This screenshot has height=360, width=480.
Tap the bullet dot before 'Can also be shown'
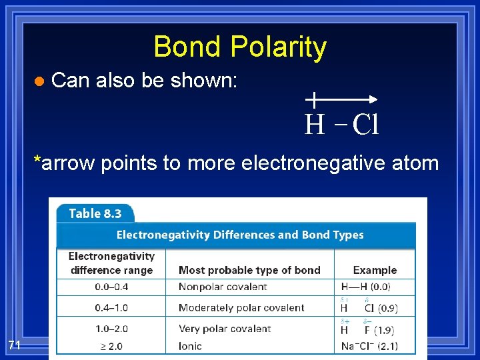pos(39,81)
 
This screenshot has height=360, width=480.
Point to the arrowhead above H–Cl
pos(373,99)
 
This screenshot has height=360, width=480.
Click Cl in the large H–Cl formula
pos(365,125)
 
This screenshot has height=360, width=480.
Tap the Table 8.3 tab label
pos(95,213)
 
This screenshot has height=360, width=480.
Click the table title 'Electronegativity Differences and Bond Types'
pos(240,235)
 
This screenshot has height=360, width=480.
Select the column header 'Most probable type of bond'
pos(249,270)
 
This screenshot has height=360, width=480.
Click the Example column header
pos(375,270)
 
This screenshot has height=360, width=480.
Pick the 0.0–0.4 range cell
pos(111,287)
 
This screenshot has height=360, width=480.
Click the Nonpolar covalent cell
pos(223,287)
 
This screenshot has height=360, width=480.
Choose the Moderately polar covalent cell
pos(241,308)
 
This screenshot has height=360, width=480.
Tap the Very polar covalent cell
pos(225,329)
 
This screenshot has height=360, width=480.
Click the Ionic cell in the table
pos(190,346)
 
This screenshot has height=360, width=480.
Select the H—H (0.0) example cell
pos(366,287)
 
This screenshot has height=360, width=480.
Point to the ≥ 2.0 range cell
pos(111,346)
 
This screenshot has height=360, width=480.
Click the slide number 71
pos(15,345)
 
